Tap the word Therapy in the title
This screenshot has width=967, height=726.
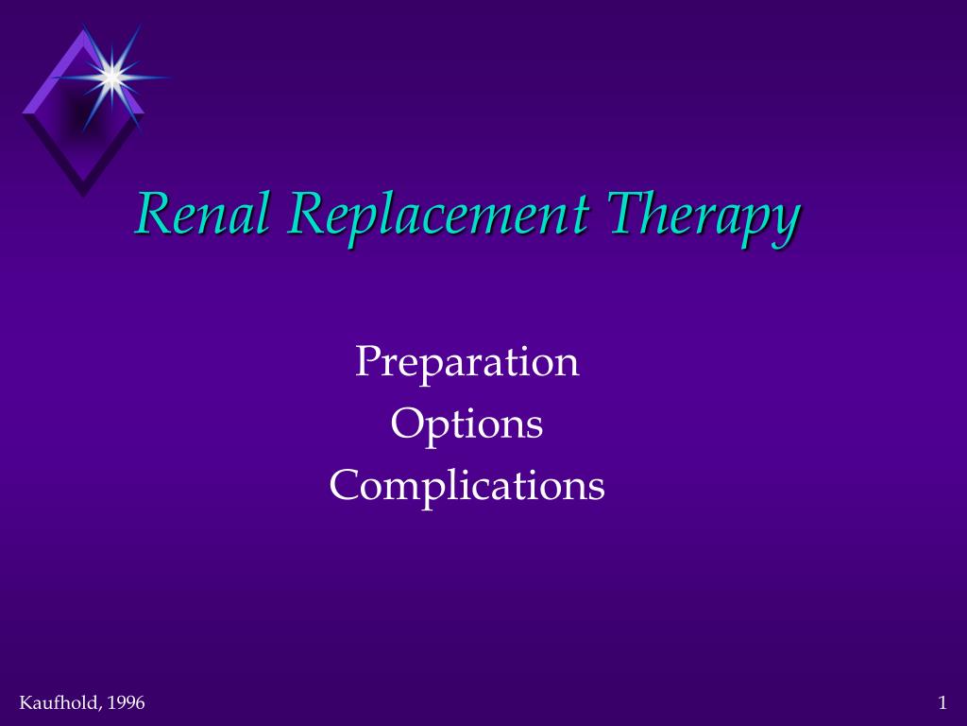pos(704,217)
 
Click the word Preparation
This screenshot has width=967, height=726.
pos(467,363)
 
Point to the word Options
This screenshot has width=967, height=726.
pos(467,425)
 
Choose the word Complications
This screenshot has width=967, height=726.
pos(467,487)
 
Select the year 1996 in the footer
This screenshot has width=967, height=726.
pos(126,702)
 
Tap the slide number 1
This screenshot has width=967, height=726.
pos(942,702)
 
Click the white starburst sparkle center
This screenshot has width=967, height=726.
pos(111,78)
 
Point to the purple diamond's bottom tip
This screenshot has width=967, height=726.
pos(83,198)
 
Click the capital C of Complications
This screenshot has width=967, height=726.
pos(344,484)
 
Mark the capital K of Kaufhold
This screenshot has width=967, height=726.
pos(25,702)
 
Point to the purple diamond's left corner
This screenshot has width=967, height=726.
pos(23,113)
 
